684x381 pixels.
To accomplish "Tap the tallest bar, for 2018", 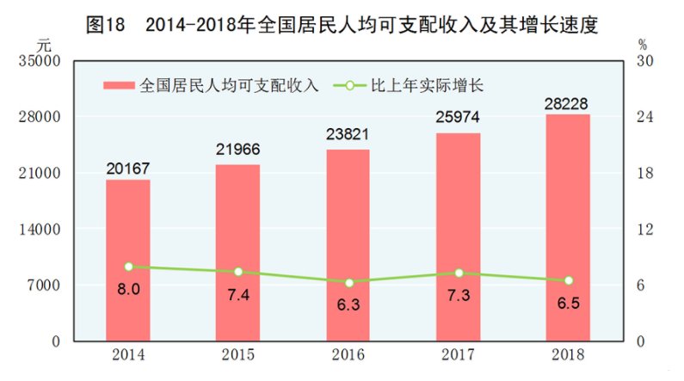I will coord(568,227).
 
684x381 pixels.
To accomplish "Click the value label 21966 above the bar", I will coord(237,150).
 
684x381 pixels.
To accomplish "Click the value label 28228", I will coord(568,103).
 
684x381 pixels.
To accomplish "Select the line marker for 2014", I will coord(128,267).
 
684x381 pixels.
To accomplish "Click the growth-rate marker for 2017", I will coord(459,273).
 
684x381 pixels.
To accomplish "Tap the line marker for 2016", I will coord(348,282).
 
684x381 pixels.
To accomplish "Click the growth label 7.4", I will coord(238,294).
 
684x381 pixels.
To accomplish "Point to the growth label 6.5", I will coord(568,303).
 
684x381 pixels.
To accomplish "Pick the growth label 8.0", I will coord(128,290).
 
